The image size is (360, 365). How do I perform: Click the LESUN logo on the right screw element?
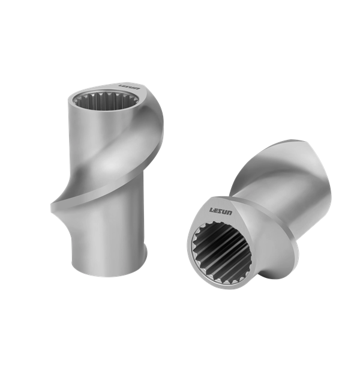point(220,211)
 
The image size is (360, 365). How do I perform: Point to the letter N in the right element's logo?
point(229,213)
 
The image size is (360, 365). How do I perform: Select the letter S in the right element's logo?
point(220,211)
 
